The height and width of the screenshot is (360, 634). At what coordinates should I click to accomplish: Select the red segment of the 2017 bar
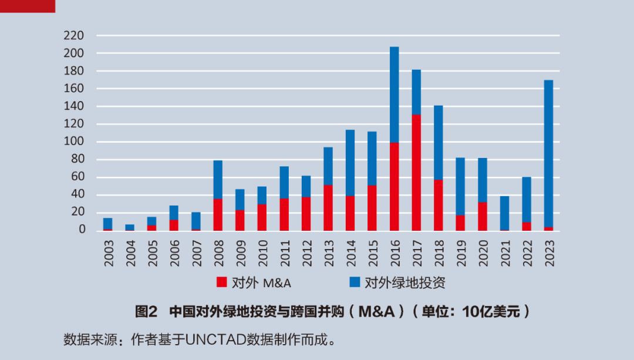click(x=416, y=173)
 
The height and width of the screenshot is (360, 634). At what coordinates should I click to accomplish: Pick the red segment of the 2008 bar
click(x=218, y=215)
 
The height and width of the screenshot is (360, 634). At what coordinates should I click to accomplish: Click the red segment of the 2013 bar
click(x=328, y=208)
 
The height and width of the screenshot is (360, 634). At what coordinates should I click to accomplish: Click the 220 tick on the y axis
click(x=75, y=36)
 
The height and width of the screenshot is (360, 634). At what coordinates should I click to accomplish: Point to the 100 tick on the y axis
click(x=75, y=142)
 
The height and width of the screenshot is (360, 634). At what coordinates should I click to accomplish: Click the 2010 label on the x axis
click(x=262, y=253)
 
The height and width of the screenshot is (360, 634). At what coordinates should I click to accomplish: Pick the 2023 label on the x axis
click(x=549, y=253)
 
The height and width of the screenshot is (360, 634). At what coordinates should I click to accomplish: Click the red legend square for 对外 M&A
click(x=221, y=282)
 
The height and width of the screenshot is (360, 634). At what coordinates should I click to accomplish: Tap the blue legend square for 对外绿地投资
click(x=355, y=282)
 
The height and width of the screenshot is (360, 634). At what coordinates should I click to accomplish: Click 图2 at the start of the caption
click(x=147, y=311)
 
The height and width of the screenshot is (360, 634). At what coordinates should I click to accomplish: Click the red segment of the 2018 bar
click(x=438, y=205)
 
